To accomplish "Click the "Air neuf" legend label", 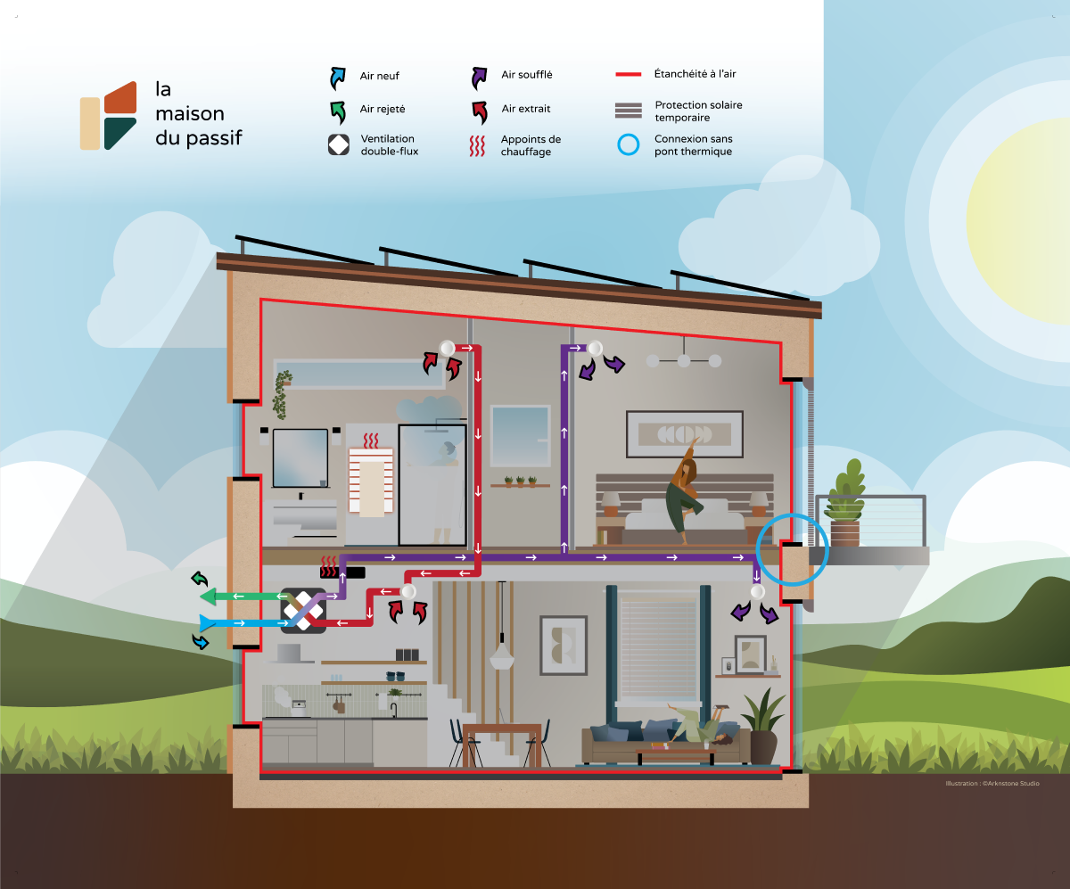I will (379, 77).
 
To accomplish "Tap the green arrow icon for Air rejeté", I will (338, 111).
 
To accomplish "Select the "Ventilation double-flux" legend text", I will (389, 145).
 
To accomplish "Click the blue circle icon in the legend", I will (630, 145).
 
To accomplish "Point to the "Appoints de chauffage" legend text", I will (531, 145).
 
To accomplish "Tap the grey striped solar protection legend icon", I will (628, 111).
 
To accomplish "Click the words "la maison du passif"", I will (198, 114).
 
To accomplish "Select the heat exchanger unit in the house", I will (303, 611).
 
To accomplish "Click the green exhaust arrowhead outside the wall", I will (207, 596).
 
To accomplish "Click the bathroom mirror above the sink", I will (300, 457).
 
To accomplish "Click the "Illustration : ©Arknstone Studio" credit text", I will (992, 784).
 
